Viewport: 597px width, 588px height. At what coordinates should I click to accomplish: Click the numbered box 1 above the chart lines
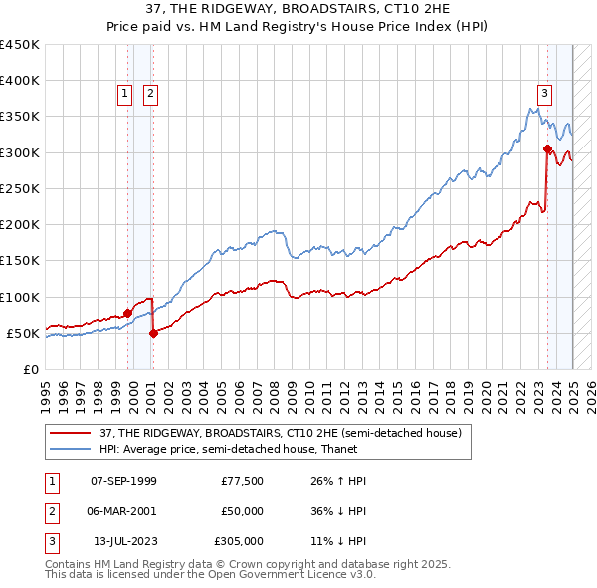(125, 95)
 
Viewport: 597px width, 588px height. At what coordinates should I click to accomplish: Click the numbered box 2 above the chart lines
(149, 95)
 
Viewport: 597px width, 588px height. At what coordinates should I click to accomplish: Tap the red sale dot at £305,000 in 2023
(547, 149)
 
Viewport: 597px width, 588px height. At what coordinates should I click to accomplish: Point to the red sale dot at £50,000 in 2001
(153, 333)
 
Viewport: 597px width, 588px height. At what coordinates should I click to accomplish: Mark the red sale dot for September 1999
(127, 313)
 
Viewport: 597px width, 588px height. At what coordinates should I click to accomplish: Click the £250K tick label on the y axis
(19, 188)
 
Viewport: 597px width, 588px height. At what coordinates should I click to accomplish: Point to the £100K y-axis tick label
(19, 297)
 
